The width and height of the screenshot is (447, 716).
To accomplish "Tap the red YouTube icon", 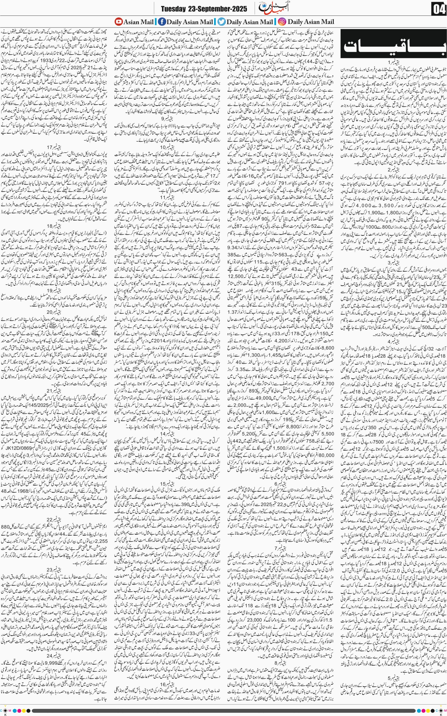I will (118, 22).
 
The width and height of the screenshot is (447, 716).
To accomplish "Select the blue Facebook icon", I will (162, 22).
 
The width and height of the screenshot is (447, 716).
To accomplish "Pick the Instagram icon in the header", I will (282, 22).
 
